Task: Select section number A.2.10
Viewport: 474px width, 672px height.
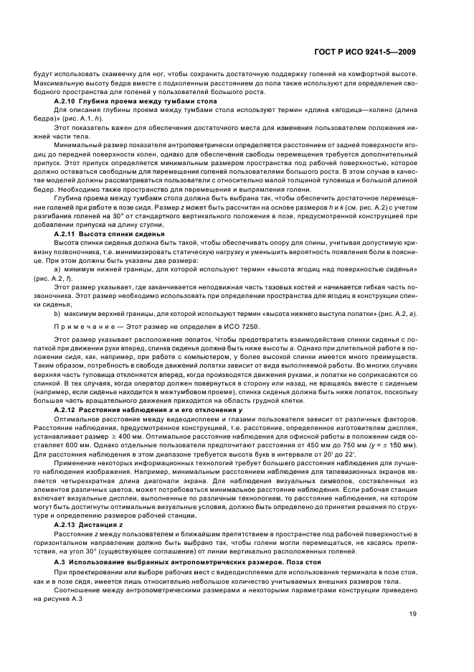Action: [x=66, y=102]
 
